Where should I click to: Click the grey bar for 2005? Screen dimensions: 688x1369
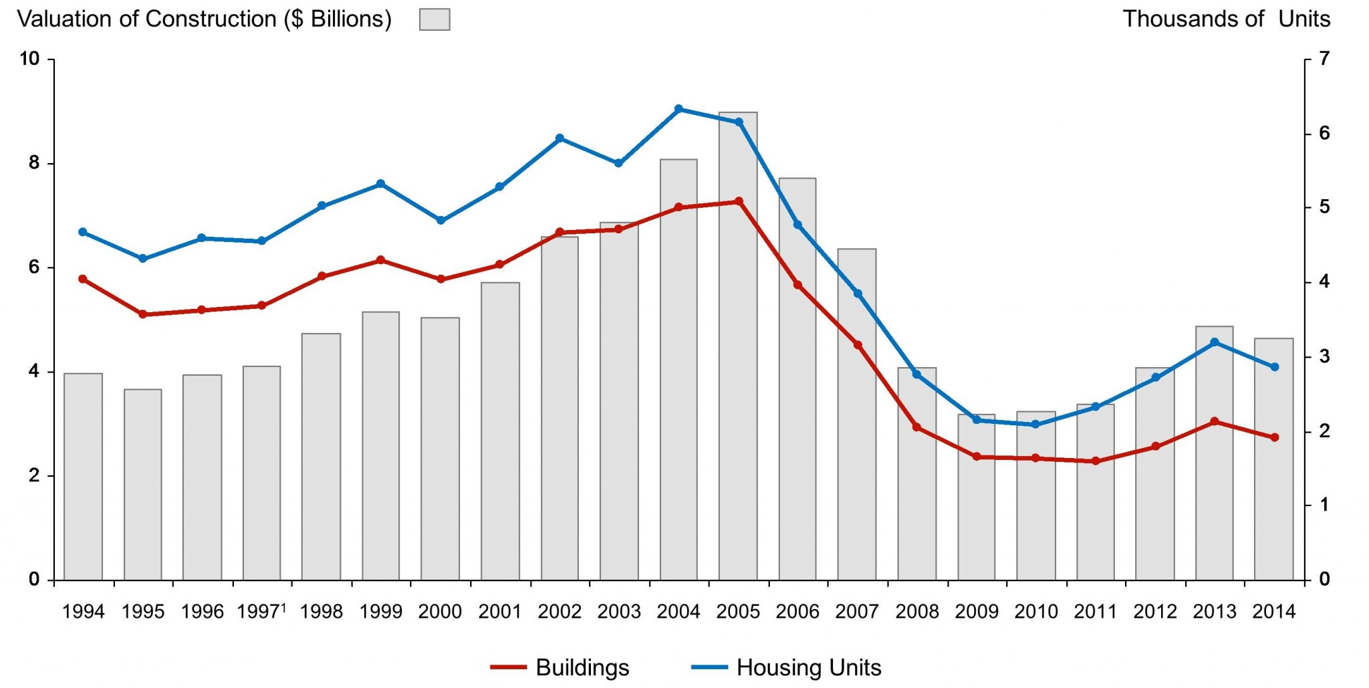(x=738, y=348)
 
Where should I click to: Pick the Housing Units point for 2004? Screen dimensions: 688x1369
(x=678, y=109)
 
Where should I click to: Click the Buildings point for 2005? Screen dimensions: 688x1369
(x=739, y=201)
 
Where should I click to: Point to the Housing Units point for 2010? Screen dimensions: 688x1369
(x=1035, y=425)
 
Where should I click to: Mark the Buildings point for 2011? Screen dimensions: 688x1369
(x=1096, y=461)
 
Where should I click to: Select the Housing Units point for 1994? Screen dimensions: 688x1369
(x=83, y=232)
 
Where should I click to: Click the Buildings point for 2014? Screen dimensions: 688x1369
(x=1274, y=437)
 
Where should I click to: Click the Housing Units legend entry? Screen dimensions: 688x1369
(x=786, y=667)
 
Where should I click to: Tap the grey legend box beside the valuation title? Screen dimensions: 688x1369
(x=434, y=19)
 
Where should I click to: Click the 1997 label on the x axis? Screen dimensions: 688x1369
(x=259, y=612)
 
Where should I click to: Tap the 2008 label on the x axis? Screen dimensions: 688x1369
(x=917, y=612)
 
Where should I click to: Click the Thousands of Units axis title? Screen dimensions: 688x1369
(x=1226, y=19)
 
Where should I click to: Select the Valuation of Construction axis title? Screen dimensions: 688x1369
(x=204, y=19)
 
